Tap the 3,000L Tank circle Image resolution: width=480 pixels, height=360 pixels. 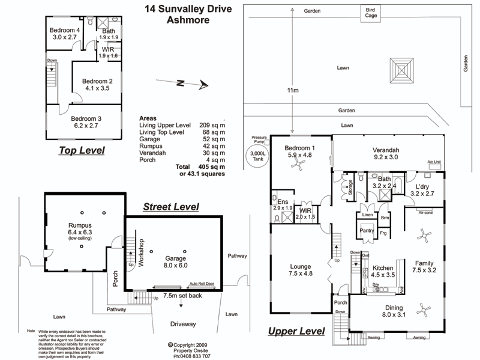click(x=259, y=155)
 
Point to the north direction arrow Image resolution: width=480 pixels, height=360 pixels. click(x=189, y=84)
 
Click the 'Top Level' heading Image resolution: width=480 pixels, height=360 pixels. click(x=82, y=150)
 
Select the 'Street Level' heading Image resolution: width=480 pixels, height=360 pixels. click(x=171, y=207)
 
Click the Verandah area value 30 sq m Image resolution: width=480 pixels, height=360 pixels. click(x=204, y=153)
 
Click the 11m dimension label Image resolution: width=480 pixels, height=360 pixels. click(x=293, y=90)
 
